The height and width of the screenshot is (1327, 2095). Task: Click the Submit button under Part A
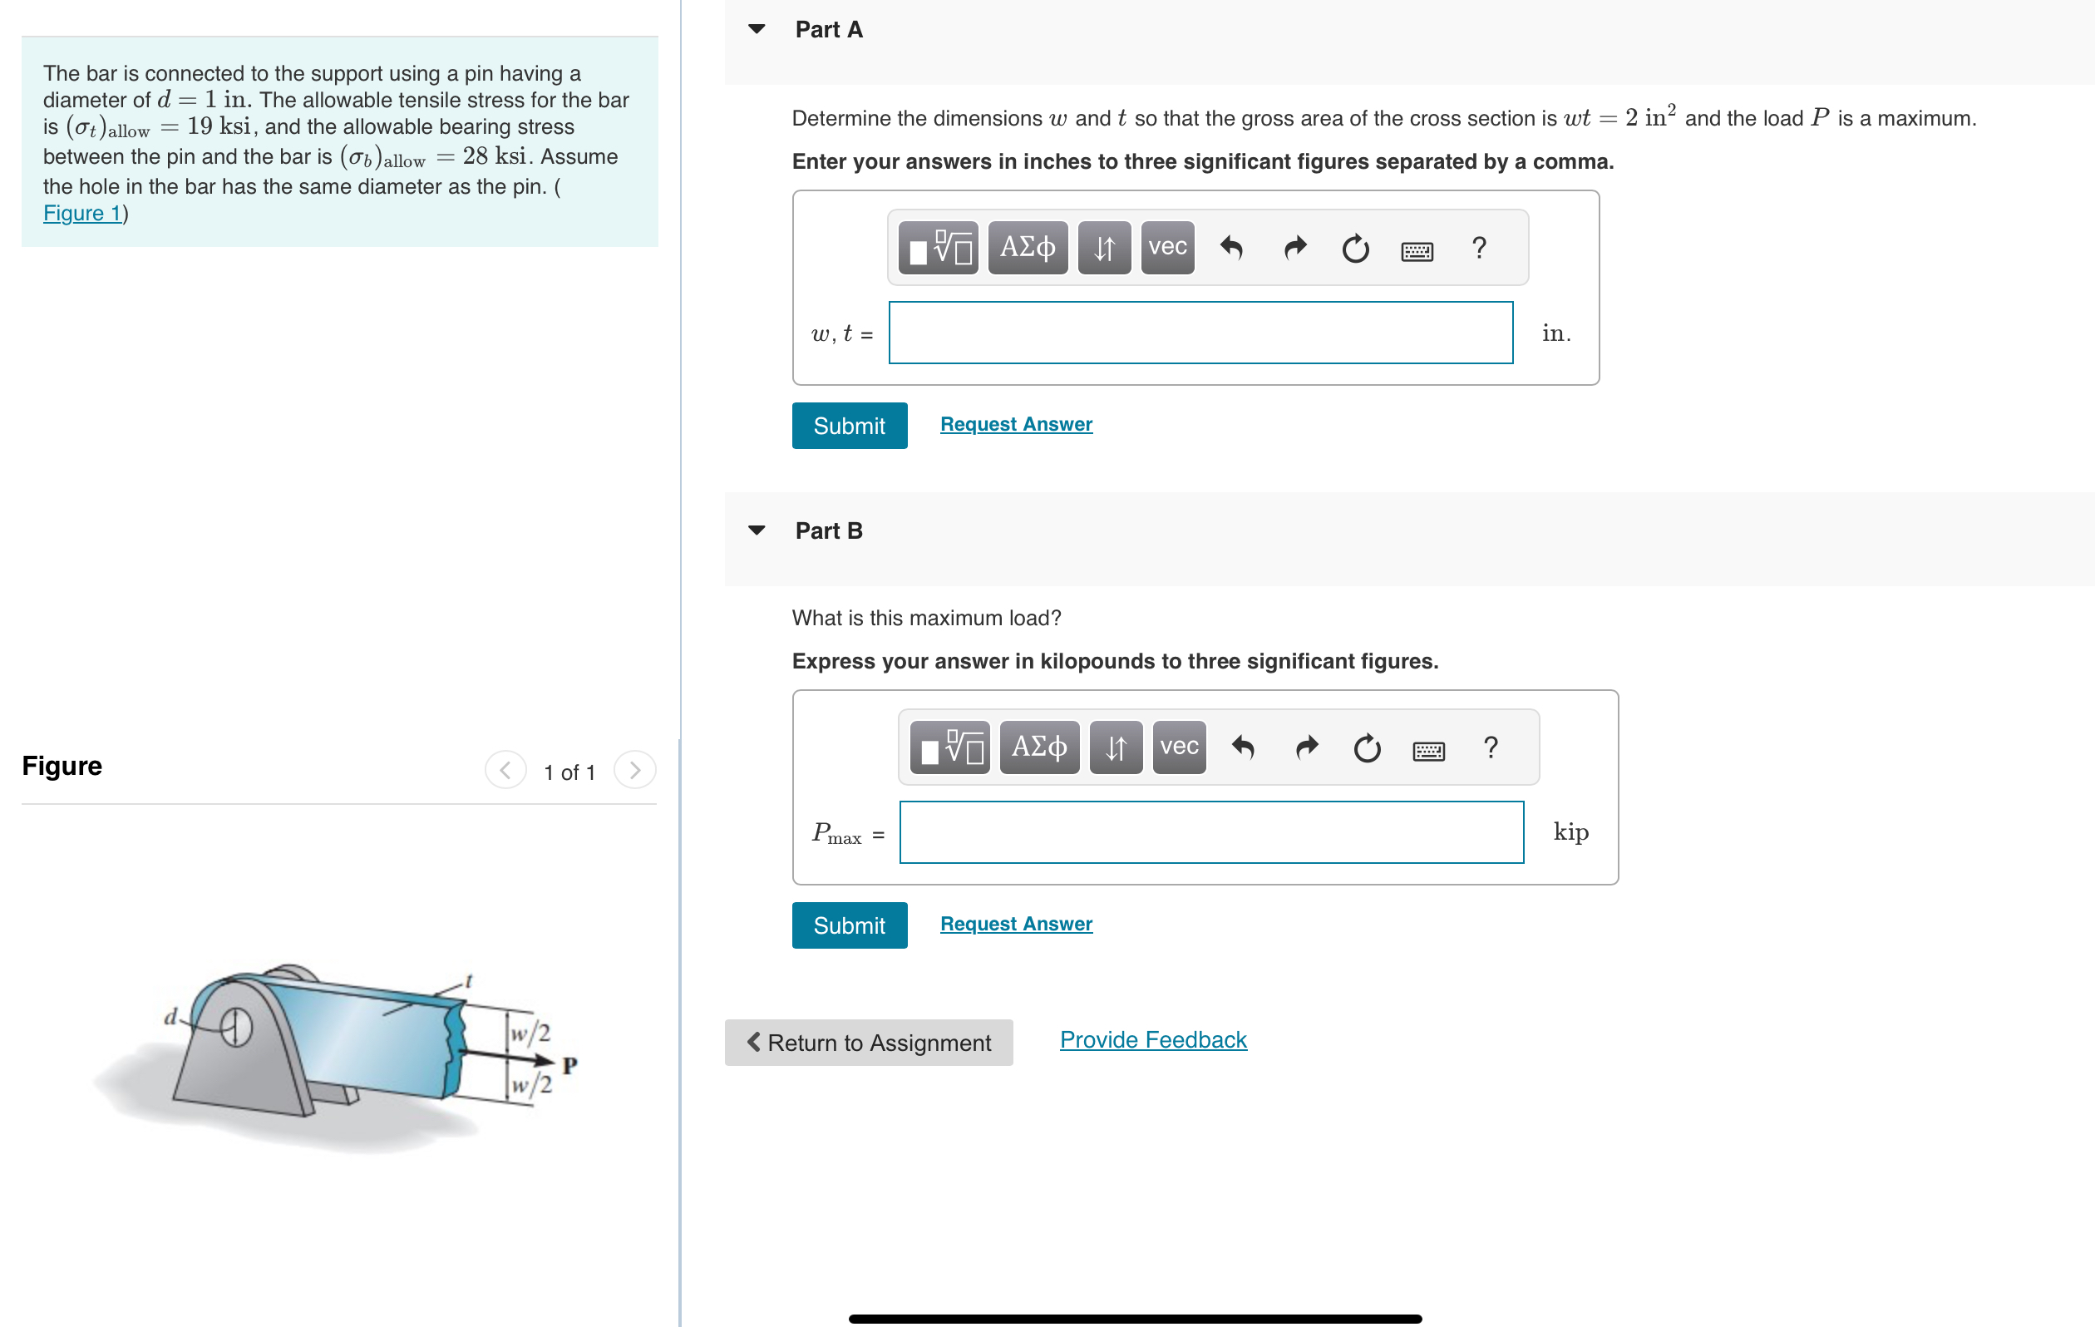(848, 426)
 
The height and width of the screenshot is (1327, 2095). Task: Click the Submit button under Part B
(848, 925)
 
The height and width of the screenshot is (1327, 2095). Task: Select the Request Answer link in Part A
(1015, 424)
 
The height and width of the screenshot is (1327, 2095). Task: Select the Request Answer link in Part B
(1015, 923)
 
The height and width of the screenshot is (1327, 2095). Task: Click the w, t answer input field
(1200, 333)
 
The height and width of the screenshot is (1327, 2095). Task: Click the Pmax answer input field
(1210, 832)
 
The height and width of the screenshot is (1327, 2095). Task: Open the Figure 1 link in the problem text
(82, 213)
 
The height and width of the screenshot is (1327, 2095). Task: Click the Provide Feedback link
(1152, 1040)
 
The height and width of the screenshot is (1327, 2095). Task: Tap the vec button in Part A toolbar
(1166, 248)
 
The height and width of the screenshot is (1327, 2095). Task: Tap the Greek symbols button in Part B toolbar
(1039, 747)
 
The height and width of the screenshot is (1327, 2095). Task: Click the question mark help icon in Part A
(1478, 248)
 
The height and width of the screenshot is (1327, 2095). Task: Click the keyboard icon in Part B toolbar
(1427, 750)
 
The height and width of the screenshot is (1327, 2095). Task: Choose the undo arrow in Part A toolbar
(1231, 248)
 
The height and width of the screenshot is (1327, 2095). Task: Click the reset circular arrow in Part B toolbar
(1366, 748)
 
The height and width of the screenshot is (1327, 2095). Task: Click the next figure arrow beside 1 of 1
(634, 770)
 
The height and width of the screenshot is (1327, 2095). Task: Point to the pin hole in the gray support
(236, 1028)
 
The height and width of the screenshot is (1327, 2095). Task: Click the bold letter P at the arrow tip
(569, 1065)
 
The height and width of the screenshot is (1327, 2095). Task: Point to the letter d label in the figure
(170, 1016)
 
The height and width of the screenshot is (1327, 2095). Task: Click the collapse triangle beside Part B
(756, 530)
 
